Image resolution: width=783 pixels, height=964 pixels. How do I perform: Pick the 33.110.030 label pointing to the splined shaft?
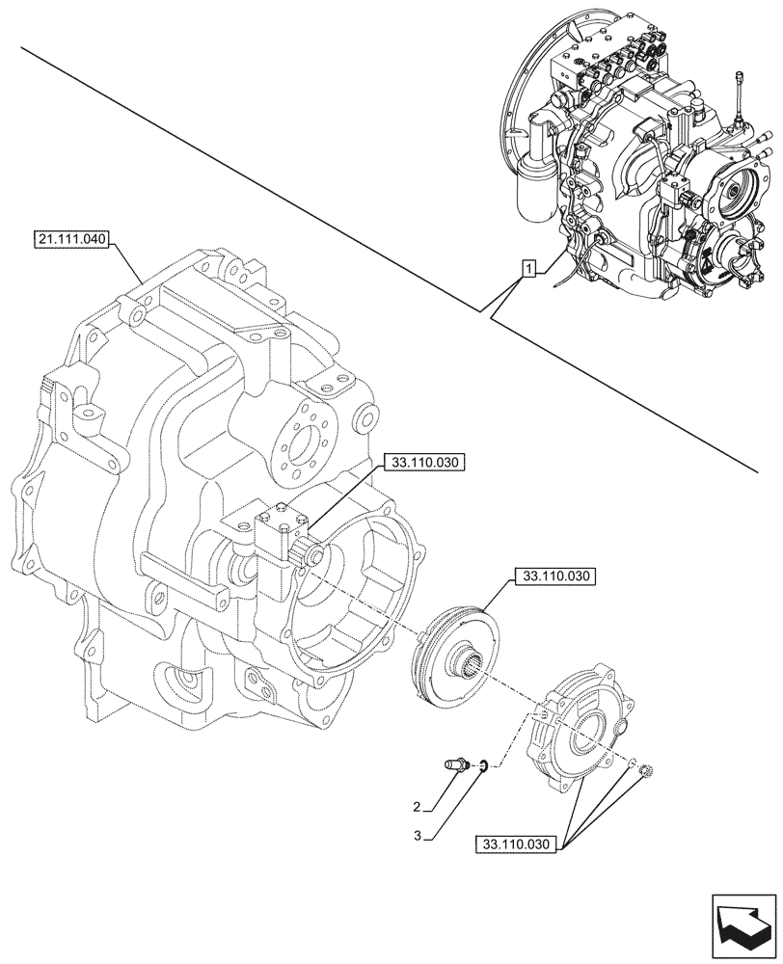click(424, 464)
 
